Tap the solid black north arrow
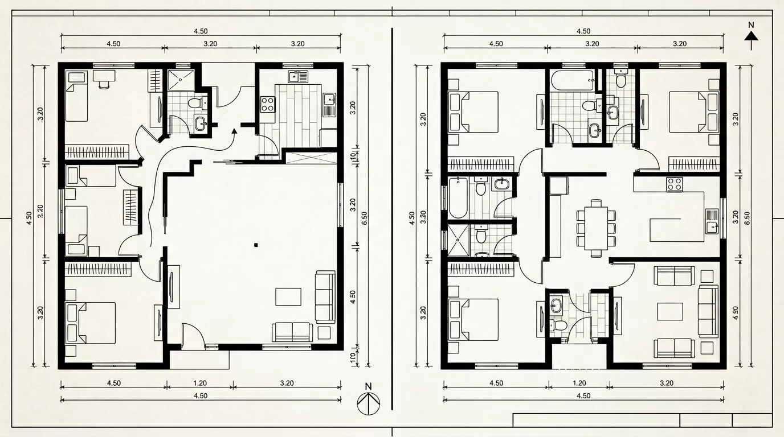752,36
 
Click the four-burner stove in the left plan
268,104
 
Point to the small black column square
256,245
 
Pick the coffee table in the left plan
288,296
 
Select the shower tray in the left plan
181,80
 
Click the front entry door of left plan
193,336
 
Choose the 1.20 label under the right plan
579,383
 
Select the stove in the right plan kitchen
675,184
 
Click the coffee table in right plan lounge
669,311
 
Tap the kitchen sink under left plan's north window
296,76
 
